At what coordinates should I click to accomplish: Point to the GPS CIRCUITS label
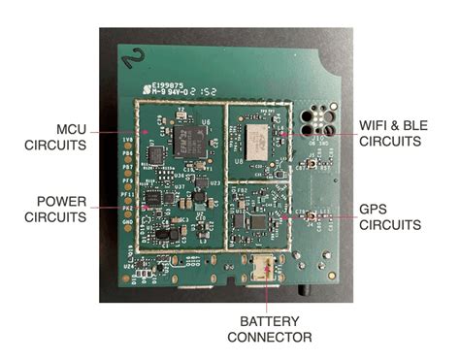389,216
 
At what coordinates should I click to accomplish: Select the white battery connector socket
262,267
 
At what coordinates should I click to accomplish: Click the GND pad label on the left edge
126,221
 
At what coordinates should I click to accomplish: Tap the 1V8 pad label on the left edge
127,141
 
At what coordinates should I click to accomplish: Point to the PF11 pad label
127,194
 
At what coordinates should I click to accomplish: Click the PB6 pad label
127,154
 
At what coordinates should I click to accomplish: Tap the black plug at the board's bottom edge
306,287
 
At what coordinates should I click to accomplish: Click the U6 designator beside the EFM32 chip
207,121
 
